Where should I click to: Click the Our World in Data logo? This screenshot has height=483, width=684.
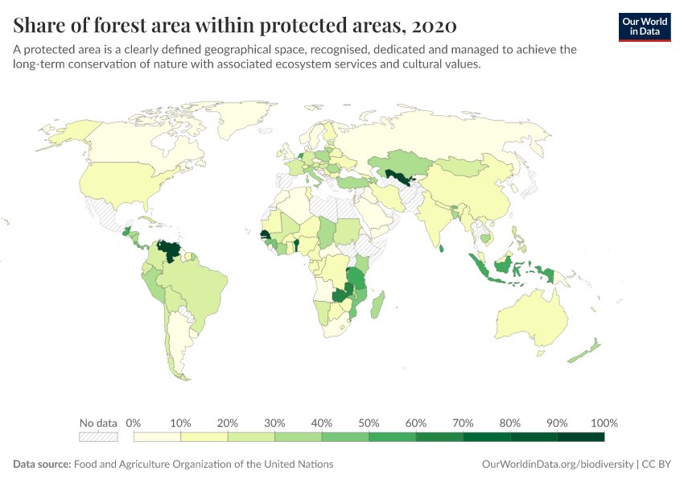point(644,27)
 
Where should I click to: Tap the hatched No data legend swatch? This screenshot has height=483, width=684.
point(98,437)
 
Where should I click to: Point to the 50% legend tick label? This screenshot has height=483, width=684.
point(369,423)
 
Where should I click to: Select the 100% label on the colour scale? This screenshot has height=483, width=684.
point(604,423)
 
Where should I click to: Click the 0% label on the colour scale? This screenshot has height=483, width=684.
point(134,423)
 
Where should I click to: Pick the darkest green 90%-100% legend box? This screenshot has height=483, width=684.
point(580,437)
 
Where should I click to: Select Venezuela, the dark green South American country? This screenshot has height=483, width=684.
point(171,250)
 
